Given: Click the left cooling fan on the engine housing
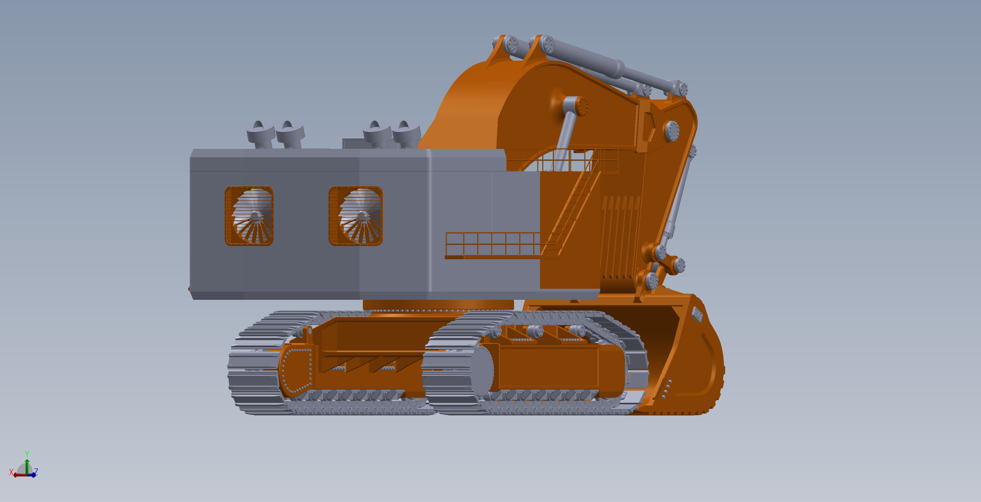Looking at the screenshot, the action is [249, 216].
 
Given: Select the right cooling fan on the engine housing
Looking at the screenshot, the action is [356, 216].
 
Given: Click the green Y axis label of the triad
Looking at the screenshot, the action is [27, 453].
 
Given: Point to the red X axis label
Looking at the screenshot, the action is [11, 472].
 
